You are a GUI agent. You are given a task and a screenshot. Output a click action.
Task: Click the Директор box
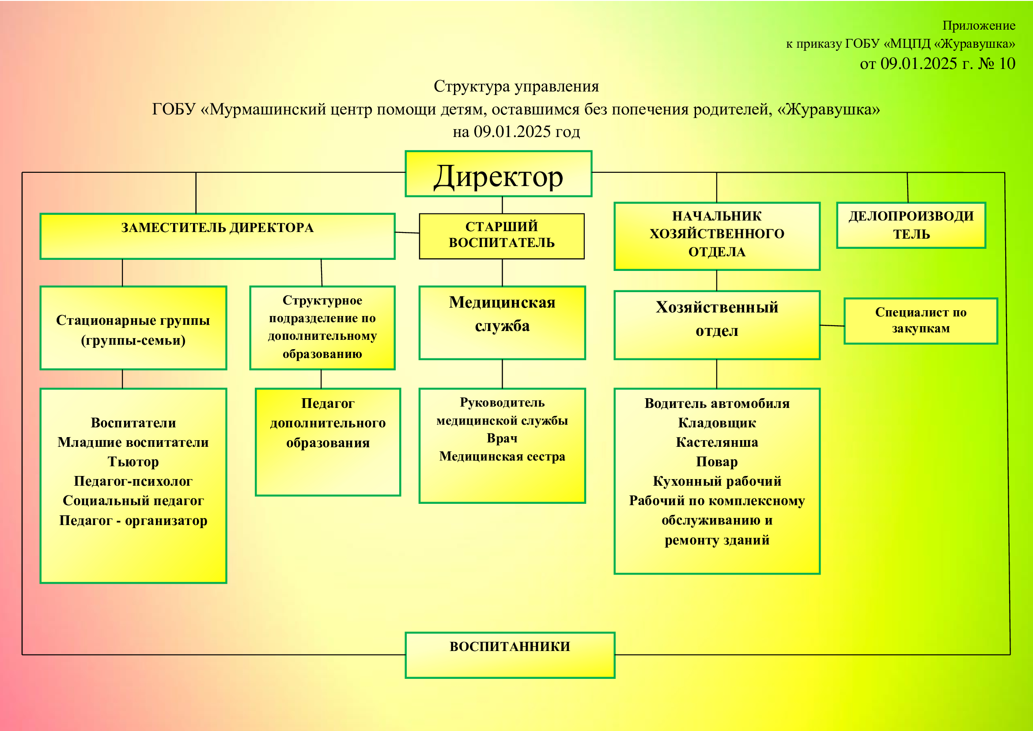[499, 174]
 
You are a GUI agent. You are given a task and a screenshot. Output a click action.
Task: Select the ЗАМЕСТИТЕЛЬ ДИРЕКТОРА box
[217, 236]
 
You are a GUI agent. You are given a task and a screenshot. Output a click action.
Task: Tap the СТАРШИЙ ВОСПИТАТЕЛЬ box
[502, 236]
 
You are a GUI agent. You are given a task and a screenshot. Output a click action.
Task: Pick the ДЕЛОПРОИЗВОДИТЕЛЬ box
[911, 225]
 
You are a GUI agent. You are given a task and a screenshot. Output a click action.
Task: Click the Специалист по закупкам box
[921, 321]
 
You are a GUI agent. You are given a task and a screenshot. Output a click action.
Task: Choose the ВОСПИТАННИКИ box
[510, 655]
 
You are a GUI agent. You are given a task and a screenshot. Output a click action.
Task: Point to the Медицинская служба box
[502, 323]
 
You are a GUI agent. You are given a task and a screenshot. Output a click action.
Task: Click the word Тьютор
[133, 462]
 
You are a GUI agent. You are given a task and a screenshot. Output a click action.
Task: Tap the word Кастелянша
[717, 442]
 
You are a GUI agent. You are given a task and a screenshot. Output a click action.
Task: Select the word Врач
[502, 438]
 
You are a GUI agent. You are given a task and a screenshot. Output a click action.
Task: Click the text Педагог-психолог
[133, 481]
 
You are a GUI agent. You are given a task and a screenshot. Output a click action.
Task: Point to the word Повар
[717, 461]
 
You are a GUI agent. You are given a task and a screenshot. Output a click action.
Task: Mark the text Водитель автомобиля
[717, 404]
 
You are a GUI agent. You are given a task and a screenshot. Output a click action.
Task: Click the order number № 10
[996, 64]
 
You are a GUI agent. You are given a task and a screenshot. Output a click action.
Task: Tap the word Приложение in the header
[979, 26]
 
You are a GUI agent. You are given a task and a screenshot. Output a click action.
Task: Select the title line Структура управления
[516, 86]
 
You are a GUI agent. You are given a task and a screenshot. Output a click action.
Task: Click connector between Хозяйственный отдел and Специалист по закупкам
[832, 325]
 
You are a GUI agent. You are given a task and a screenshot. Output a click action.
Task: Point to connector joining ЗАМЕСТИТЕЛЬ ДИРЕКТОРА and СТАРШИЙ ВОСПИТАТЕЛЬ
[407, 233]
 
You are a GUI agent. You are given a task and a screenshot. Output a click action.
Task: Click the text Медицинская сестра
[502, 456]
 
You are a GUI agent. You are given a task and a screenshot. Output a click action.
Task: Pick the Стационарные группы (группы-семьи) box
[133, 328]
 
